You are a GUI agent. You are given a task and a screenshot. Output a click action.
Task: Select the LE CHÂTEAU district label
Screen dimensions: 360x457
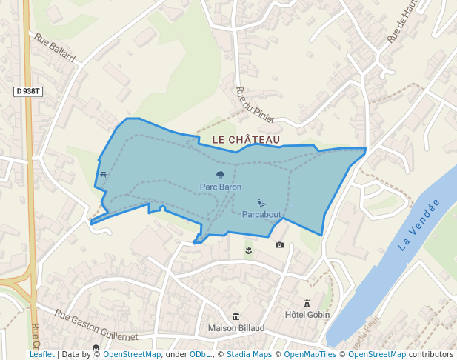246,139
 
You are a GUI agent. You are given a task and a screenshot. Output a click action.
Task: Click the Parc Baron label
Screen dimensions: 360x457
221,187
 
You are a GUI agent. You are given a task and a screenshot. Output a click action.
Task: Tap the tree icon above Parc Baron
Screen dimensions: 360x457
220,176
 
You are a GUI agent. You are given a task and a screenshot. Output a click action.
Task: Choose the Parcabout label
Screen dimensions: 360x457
261,215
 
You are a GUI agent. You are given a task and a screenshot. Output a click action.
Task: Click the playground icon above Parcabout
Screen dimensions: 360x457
261,203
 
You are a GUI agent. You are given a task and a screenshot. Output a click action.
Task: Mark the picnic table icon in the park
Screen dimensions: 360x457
102,175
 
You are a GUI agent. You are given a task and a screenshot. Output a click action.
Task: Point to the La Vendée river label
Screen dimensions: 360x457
418,224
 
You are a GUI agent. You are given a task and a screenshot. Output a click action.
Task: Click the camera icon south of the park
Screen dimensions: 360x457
279,245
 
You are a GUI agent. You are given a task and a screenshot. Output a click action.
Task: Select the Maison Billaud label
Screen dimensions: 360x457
236,328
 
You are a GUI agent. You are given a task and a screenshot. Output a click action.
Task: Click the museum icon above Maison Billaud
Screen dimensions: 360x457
236,316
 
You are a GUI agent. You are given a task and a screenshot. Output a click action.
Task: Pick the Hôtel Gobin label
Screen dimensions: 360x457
307,315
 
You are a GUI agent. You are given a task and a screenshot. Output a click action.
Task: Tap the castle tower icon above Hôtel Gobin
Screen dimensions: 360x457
307,303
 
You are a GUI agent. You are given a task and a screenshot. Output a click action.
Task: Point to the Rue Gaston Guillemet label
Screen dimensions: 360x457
96,327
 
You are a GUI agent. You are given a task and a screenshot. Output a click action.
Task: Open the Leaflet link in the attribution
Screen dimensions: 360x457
42,355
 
